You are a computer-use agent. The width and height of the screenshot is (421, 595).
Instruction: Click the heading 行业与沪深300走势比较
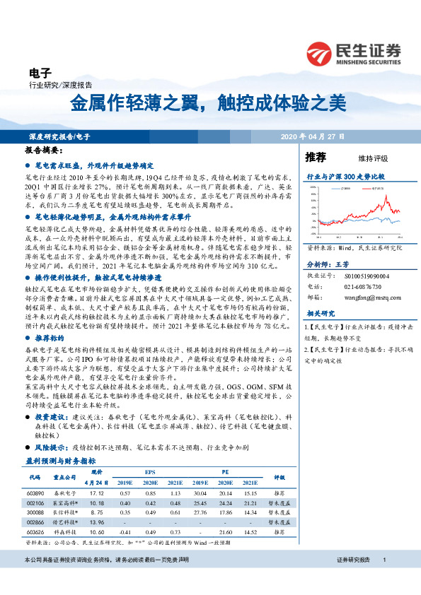345,175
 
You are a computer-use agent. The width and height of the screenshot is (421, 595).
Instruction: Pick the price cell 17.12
97,493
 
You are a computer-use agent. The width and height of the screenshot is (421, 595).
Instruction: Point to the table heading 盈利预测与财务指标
55,461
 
